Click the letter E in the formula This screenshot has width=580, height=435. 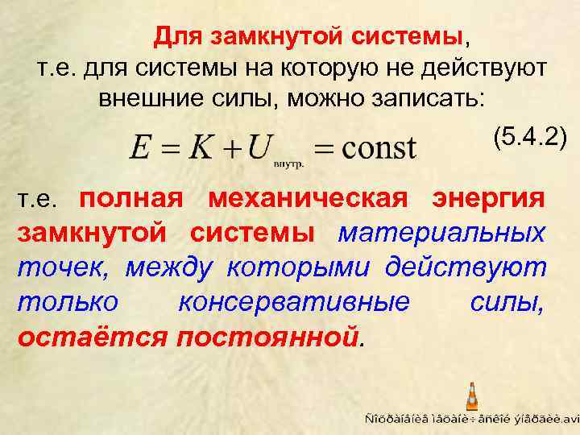point(140,148)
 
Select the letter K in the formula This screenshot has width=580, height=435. point(201,148)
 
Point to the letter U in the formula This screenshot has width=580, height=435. point(258,148)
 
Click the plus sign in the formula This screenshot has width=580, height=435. point(229,149)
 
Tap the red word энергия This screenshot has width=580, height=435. point(489,198)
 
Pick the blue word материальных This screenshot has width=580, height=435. point(441,233)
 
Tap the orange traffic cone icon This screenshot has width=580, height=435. point(471,397)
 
